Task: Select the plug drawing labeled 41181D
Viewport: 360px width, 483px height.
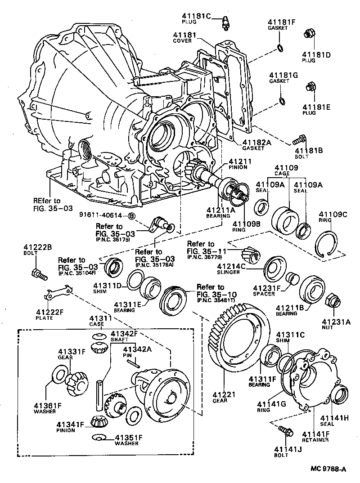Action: pyautogui.click(x=309, y=34)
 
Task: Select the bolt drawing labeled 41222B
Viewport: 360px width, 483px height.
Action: pyautogui.click(x=37, y=273)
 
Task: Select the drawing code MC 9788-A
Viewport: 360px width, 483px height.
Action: pyautogui.click(x=328, y=469)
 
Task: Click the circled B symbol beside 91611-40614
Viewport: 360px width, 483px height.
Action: pyautogui.click(x=132, y=216)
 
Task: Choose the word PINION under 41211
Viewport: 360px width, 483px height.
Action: pyautogui.click(x=238, y=167)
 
